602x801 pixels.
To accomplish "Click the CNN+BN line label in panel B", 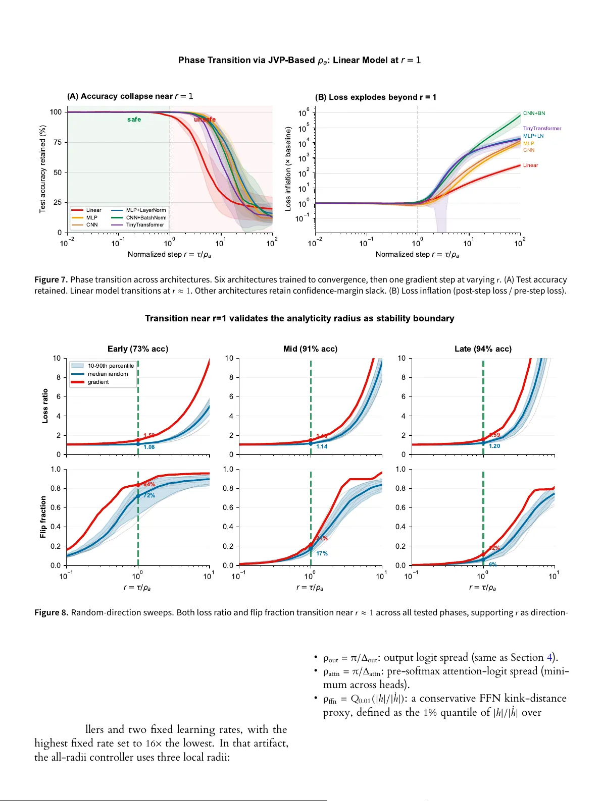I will pyautogui.click(x=534, y=113).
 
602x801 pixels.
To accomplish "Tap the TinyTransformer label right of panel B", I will pyautogui.click(x=542, y=129).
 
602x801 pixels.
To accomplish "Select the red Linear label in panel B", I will pyautogui.click(x=530, y=165).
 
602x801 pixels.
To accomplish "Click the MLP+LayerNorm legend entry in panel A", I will pyautogui.click(x=145, y=210).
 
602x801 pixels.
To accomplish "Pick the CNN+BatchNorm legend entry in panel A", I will pyautogui.click(x=145, y=218).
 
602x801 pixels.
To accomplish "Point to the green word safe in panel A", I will pyautogui.click(x=134, y=120).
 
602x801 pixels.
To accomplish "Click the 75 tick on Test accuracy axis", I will pyautogui.click(x=58, y=142).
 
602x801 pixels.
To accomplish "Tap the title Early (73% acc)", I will pyautogui.click(x=138, y=349).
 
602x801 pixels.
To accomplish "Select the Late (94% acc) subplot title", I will pyautogui.click(x=483, y=349).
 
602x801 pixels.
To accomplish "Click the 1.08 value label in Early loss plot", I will pyautogui.click(x=149, y=447).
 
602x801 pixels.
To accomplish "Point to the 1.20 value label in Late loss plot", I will pyautogui.click(x=494, y=446).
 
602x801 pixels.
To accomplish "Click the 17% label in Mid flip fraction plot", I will pyautogui.click(x=322, y=553).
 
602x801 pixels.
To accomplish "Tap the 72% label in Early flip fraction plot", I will pyautogui.click(x=149, y=495).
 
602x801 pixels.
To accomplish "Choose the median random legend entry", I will pyautogui.click(x=108, y=374).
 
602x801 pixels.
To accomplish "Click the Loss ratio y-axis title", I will pyautogui.click(x=45, y=406).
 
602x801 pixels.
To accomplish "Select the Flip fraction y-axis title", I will pyautogui.click(x=43, y=517).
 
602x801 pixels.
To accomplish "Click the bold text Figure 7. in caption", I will pyautogui.click(x=51, y=279).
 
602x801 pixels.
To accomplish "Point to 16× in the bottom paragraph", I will pyautogui.click(x=154, y=743).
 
